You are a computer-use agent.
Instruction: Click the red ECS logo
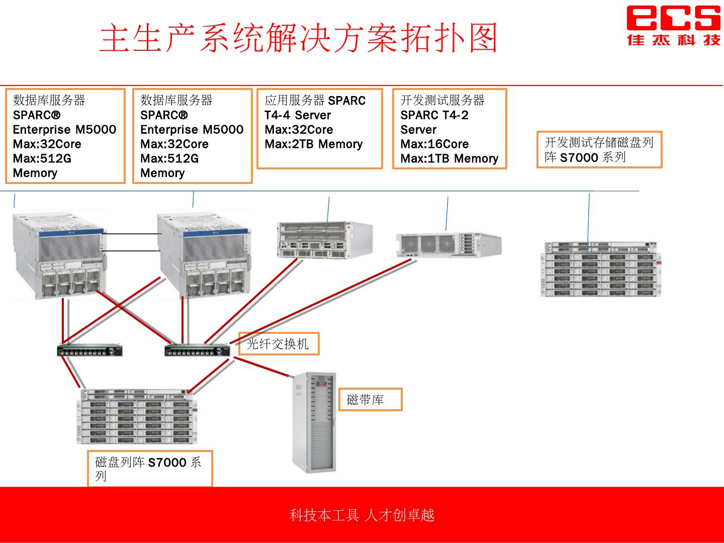point(673,25)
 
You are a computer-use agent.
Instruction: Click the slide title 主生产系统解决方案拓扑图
point(299,38)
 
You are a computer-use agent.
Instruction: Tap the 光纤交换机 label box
point(278,344)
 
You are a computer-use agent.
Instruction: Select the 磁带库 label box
point(370,400)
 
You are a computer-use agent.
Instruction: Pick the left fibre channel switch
point(90,350)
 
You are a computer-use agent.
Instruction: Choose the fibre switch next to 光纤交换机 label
point(197,350)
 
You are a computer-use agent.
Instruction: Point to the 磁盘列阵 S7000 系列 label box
point(150,469)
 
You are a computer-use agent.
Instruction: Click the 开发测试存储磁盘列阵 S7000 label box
point(599,150)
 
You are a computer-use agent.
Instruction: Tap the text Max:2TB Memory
point(314,144)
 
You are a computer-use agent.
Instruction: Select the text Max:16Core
point(434,144)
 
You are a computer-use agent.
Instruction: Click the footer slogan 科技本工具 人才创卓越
point(361,515)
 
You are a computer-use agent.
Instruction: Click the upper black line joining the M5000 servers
point(131,234)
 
